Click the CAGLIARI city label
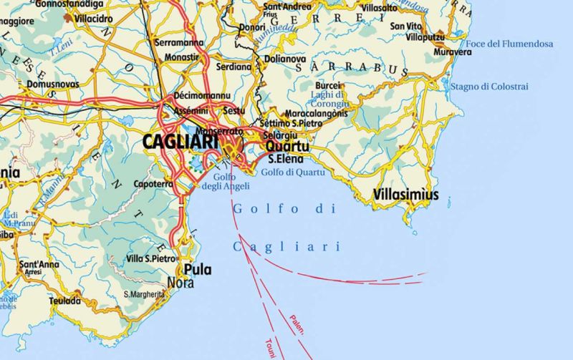tap(180, 142)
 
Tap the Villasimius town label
tap(406, 194)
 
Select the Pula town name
tap(197, 269)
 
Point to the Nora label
tap(180, 282)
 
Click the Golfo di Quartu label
tap(293, 172)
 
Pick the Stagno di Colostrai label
tap(489, 87)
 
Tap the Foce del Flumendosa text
tap(509, 44)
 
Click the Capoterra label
tap(153, 184)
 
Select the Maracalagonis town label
tap(316, 113)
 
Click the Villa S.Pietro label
tap(150, 258)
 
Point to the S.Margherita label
tap(149, 294)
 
